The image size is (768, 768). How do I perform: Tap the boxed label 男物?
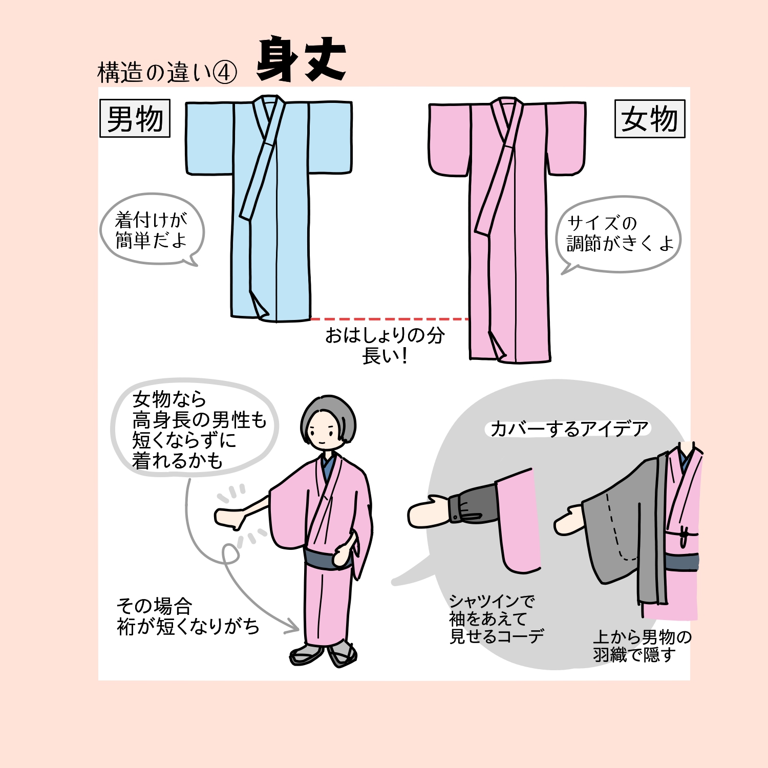pos(135,119)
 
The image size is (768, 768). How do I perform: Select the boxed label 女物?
pos(650,119)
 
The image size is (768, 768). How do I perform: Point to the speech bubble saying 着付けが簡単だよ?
pos(152,229)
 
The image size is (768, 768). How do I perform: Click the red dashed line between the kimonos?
pos(390,319)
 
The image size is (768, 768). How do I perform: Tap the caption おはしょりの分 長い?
pos(385,345)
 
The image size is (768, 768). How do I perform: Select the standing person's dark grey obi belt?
pos(328,558)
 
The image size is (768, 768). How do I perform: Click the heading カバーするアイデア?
pos(569,429)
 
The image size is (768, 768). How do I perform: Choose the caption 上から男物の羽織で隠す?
pos(643,646)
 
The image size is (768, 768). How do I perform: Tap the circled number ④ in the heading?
pos(224,73)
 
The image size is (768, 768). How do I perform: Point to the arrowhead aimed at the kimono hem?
pos(293,626)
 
